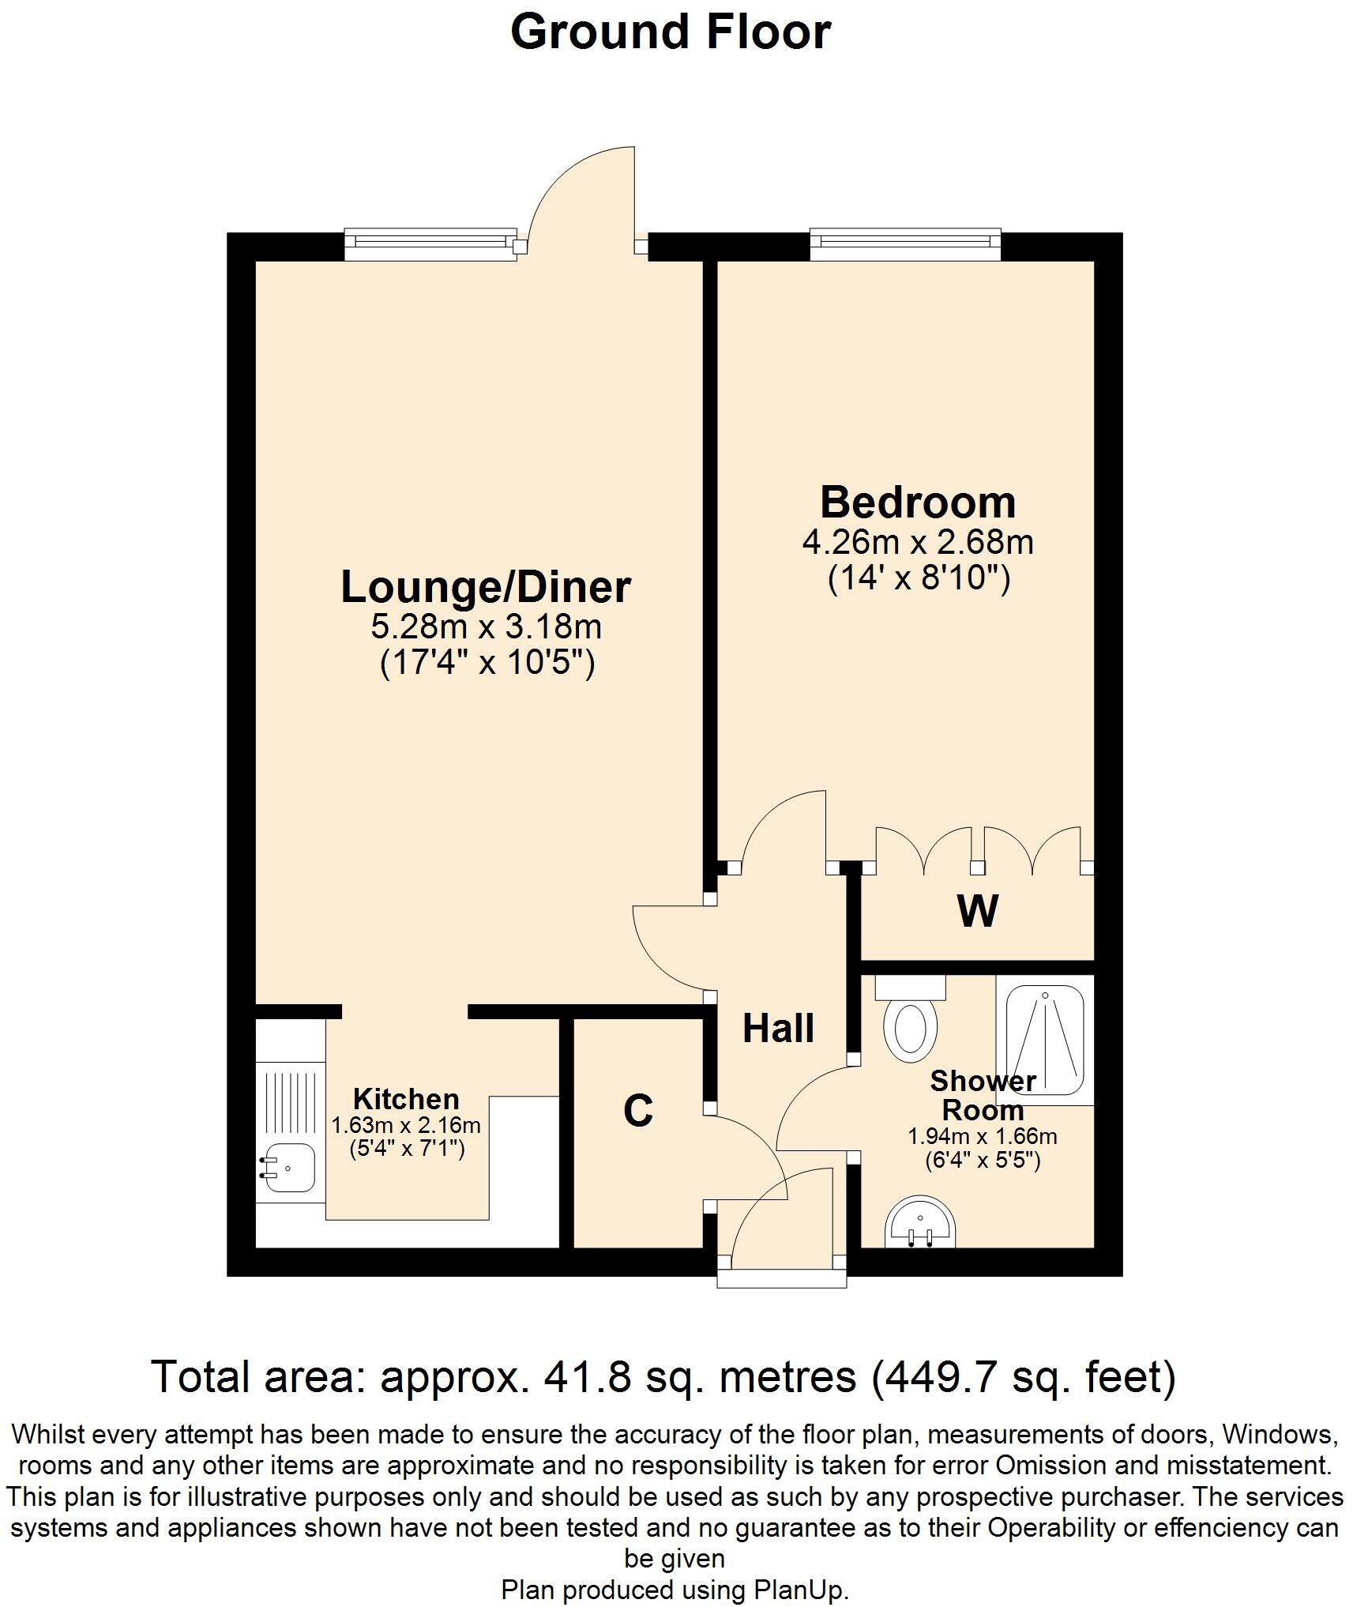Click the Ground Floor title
click(x=671, y=33)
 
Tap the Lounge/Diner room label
click(x=486, y=587)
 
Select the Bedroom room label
click(x=918, y=502)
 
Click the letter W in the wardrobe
click(x=978, y=911)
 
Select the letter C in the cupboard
click(x=637, y=1111)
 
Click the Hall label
click(x=778, y=1029)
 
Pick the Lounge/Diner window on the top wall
click(x=430, y=245)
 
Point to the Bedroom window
click(x=905, y=245)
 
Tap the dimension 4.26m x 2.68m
click(x=918, y=543)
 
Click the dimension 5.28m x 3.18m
click(x=486, y=627)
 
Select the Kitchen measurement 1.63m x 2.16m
click(x=406, y=1125)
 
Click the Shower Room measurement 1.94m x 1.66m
click(x=983, y=1137)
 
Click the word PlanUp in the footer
click(x=799, y=1590)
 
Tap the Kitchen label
click(x=406, y=1099)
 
